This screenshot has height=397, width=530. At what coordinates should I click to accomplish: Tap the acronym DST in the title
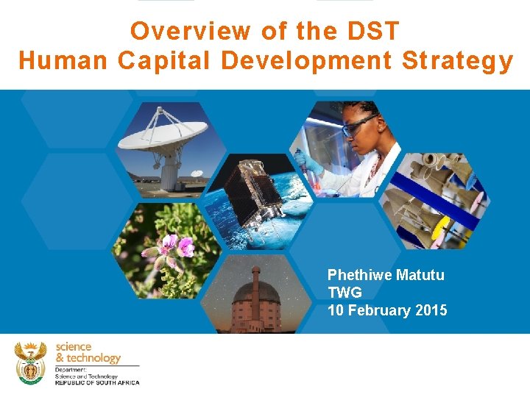[370, 31]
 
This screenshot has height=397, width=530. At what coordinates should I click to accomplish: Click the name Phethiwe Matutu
[386, 275]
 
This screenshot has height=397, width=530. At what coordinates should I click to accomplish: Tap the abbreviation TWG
[344, 293]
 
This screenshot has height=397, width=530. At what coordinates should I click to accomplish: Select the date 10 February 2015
[387, 310]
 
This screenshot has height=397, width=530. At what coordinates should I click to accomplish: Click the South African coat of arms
[30, 362]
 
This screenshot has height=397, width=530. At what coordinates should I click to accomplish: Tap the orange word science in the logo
[74, 346]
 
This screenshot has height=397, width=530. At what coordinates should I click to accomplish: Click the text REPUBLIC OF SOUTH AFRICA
[96, 382]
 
